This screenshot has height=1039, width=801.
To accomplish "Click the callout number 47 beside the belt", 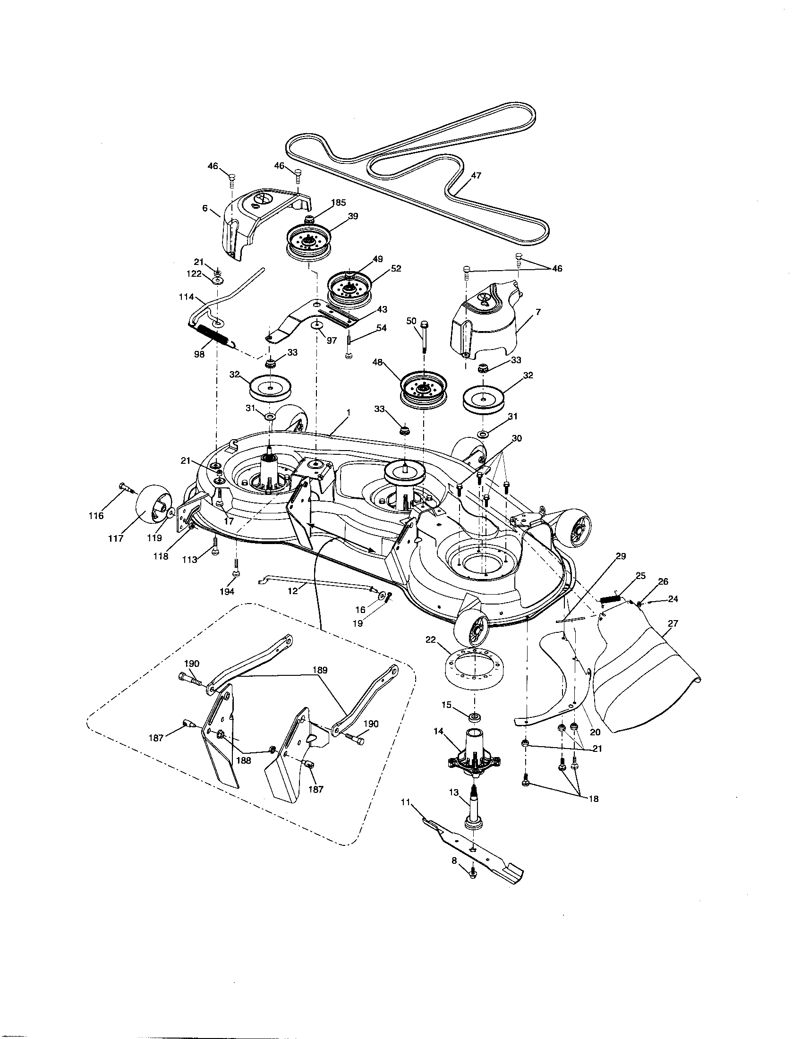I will (x=476, y=175).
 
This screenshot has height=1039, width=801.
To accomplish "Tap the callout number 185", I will (x=338, y=202).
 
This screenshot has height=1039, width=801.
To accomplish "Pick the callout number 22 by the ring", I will (x=431, y=640).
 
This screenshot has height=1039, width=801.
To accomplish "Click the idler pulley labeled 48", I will (x=423, y=390).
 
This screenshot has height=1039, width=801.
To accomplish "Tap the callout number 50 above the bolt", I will (x=411, y=321).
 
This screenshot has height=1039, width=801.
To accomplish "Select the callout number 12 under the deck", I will (x=293, y=590).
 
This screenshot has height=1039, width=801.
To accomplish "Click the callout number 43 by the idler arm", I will (x=382, y=309).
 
